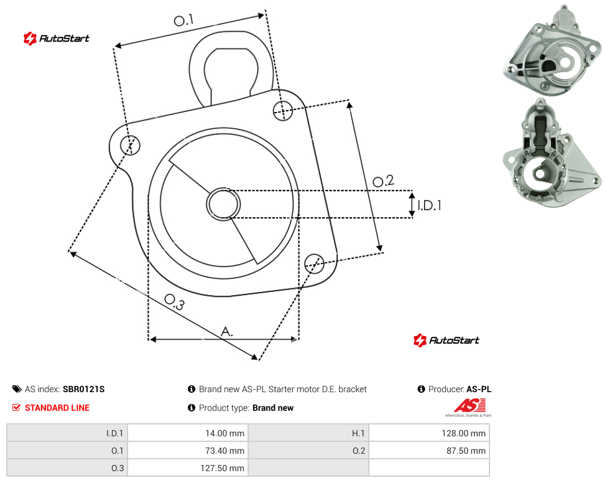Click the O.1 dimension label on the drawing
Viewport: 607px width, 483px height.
pos(183,20)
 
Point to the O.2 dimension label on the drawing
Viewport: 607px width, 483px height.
pos(383,181)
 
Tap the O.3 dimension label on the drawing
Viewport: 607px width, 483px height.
pos(175,302)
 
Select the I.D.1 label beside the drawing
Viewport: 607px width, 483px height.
pos(429,205)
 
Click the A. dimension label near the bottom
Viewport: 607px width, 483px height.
pos(227,332)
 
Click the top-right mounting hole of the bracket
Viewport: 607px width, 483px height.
pos(283,110)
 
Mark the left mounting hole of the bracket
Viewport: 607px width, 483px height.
pos(130,145)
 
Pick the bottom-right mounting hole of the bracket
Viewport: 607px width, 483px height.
pos(314,264)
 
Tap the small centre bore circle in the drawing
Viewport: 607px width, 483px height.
pos(223,204)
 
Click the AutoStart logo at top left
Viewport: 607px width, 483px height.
pos(57,39)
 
